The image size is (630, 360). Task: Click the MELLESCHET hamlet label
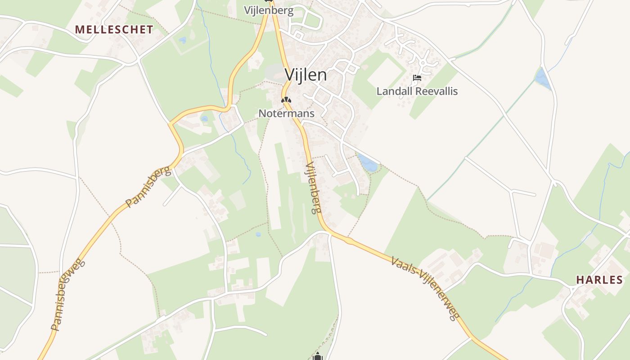[114, 30]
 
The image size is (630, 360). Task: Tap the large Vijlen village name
[306, 75]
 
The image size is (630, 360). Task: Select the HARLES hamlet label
[599, 280]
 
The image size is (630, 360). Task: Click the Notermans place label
[286, 113]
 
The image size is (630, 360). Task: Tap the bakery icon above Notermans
[286, 100]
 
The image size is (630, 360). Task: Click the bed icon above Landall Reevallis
[417, 78]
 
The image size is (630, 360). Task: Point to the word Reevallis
[436, 91]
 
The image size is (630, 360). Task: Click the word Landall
[395, 91]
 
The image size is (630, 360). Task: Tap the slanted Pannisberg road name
[148, 187]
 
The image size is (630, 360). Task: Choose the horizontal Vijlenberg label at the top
[269, 10]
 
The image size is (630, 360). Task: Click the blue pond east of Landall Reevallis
[542, 79]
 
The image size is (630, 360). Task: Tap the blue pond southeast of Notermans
[368, 163]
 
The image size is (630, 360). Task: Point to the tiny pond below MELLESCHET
[182, 40]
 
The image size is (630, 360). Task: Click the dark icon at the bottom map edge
[318, 356]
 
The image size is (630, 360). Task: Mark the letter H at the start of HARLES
[580, 280]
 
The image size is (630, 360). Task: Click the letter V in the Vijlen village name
[290, 75]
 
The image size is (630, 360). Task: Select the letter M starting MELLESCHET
[79, 30]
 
